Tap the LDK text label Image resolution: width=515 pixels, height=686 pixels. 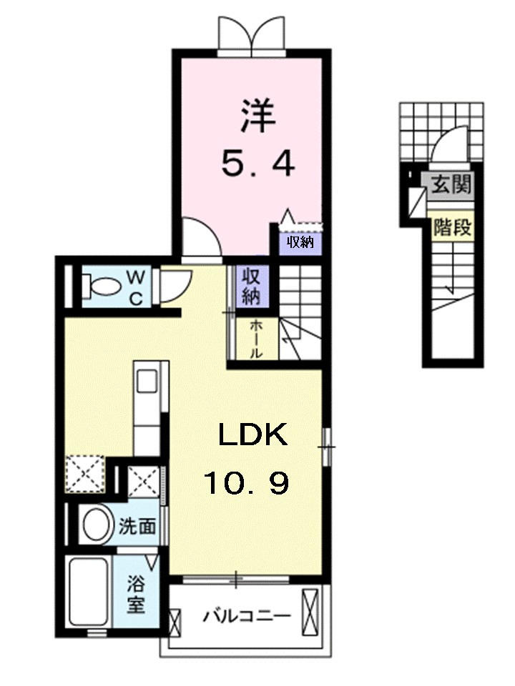[252, 435]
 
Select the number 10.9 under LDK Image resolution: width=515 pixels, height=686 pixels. [247, 484]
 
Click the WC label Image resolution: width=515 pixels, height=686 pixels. [136, 286]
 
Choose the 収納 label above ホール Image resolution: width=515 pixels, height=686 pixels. [250, 287]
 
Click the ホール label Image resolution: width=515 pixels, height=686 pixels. [255, 339]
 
